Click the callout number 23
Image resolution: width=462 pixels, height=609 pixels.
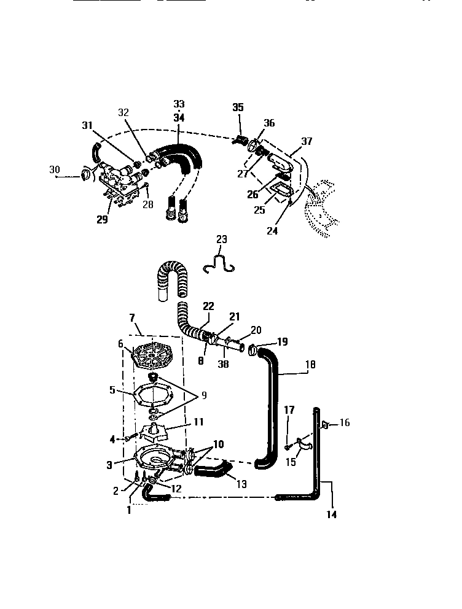click(221, 239)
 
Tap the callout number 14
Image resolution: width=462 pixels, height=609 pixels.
click(332, 514)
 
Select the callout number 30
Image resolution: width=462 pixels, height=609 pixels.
click(55, 169)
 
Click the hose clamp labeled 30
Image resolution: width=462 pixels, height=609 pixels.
click(84, 175)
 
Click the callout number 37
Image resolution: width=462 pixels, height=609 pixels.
click(307, 141)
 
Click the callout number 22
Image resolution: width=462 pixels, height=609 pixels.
click(209, 306)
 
